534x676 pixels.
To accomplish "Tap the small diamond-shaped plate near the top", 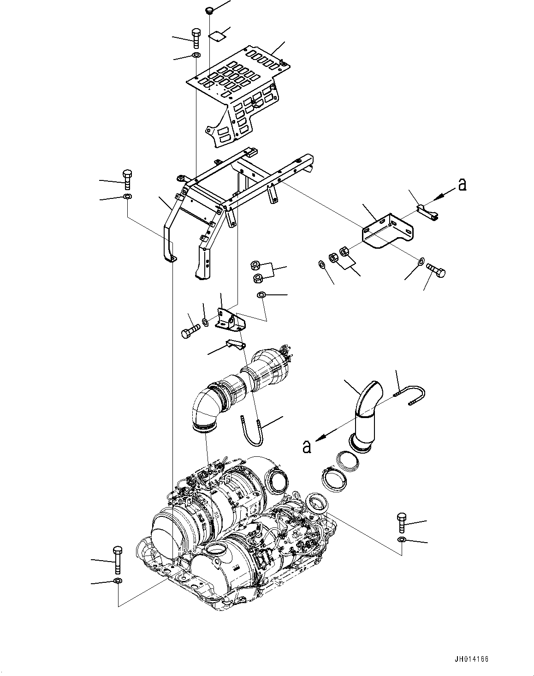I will click(x=217, y=35).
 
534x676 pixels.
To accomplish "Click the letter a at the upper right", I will click(x=462, y=185).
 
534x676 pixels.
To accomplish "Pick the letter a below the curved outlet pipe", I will click(x=307, y=446).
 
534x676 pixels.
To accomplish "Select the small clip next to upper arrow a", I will click(x=427, y=212).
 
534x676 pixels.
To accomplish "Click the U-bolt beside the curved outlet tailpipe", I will click(x=413, y=395).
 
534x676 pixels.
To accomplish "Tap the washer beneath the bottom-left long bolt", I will click(x=117, y=580).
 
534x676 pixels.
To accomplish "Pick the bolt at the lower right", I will click(x=400, y=522).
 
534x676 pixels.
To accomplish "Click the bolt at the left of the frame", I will click(x=127, y=179).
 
